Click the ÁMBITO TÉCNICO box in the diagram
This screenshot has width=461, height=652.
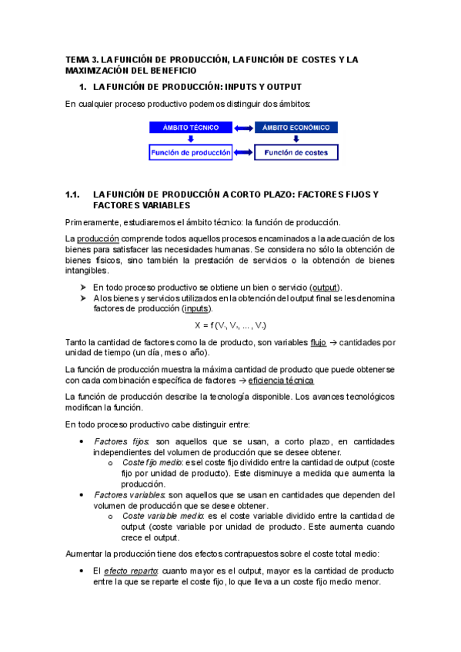(190, 127)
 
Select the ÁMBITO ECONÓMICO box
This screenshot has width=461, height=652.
(296, 127)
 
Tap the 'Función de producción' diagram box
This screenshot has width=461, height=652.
(190, 153)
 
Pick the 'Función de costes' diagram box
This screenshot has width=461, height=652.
(296, 153)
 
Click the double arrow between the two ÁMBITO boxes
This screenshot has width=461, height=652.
(243, 127)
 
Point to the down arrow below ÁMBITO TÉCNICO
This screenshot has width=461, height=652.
(190, 139)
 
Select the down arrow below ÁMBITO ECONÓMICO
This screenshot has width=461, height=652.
(296, 139)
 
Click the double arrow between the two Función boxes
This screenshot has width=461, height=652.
(243, 153)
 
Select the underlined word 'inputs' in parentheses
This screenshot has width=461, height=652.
(198, 308)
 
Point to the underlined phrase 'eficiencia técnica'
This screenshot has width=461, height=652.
(282, 381)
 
